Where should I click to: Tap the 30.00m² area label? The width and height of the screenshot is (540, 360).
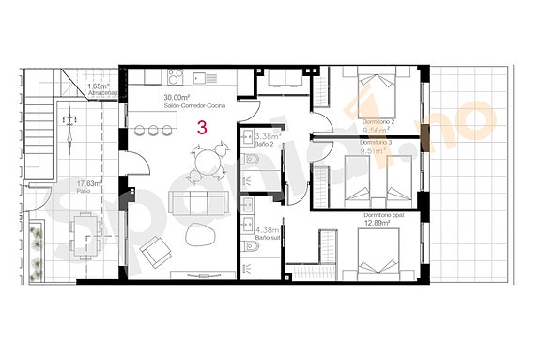[x=178, y=98]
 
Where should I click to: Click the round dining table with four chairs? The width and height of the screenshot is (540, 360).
[x=207, y=162]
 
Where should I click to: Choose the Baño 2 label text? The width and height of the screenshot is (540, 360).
[x=266, y=144]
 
